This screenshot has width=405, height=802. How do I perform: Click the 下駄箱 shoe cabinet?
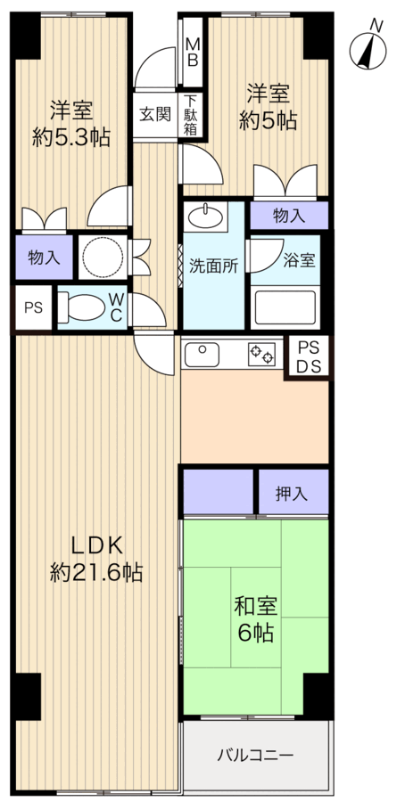tap(192, 115)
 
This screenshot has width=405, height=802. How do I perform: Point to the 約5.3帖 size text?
tap(72, 137)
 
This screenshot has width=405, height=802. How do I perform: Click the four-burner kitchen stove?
tap(261, 355)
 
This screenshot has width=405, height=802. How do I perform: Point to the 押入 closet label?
tap(293, 493)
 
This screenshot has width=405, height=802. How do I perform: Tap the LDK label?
tap(96, 546)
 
